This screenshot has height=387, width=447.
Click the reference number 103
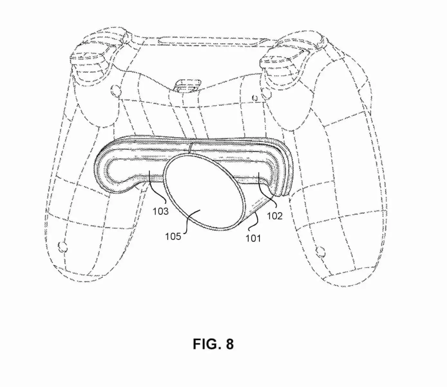click(x=160, y=211)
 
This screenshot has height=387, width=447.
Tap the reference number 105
click(x=173, y=236)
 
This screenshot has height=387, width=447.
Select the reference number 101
click(x=253, y=238)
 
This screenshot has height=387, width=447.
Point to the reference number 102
click(x=275, y=216)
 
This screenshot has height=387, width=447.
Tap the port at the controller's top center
click(x=187, y=86)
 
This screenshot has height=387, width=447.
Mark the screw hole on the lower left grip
click(x=62, y=246)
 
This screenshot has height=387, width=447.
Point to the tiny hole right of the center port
click(x=255, y=98)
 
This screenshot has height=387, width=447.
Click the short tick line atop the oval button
click(x=190, y=148)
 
